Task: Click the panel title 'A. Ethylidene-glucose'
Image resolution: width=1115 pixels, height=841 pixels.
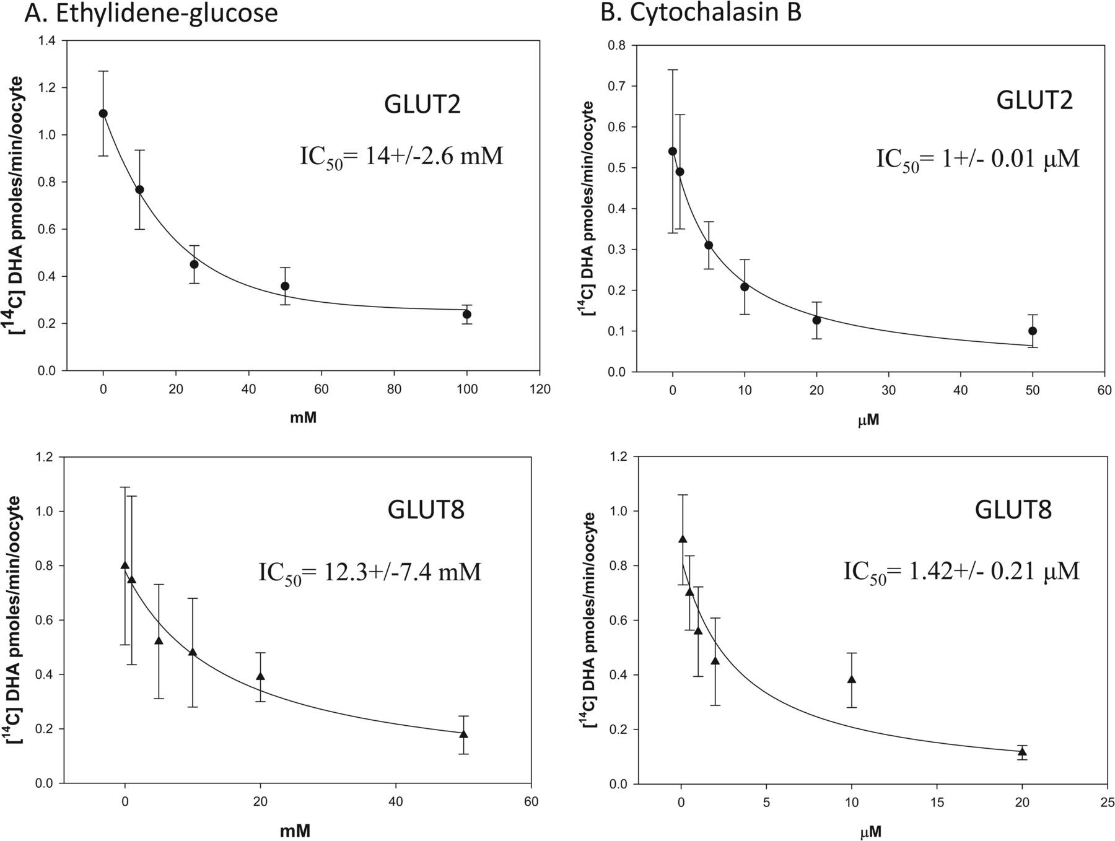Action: point(151,14)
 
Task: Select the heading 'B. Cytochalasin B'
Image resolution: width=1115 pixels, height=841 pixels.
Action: point(701,14)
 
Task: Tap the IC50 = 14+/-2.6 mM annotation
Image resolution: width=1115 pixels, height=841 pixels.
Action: point(401,156)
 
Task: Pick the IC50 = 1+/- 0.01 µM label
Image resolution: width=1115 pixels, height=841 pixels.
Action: point(977,159)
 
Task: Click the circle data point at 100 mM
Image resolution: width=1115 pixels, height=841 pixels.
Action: point(467,315)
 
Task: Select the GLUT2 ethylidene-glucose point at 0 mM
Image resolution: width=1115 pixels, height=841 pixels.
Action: point(103,113)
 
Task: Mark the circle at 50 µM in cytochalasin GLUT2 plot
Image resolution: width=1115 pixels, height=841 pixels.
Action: point(1033,331)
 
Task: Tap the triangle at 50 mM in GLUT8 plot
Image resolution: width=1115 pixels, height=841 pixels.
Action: point(463,734)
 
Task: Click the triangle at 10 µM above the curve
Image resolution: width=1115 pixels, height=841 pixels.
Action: point(852,679)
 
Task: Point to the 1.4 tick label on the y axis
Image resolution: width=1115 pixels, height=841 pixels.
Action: point(47,41)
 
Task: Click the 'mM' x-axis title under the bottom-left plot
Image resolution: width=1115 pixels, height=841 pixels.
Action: point(294,830)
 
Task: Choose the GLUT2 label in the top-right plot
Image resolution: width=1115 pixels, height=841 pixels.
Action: point(1034,100)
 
